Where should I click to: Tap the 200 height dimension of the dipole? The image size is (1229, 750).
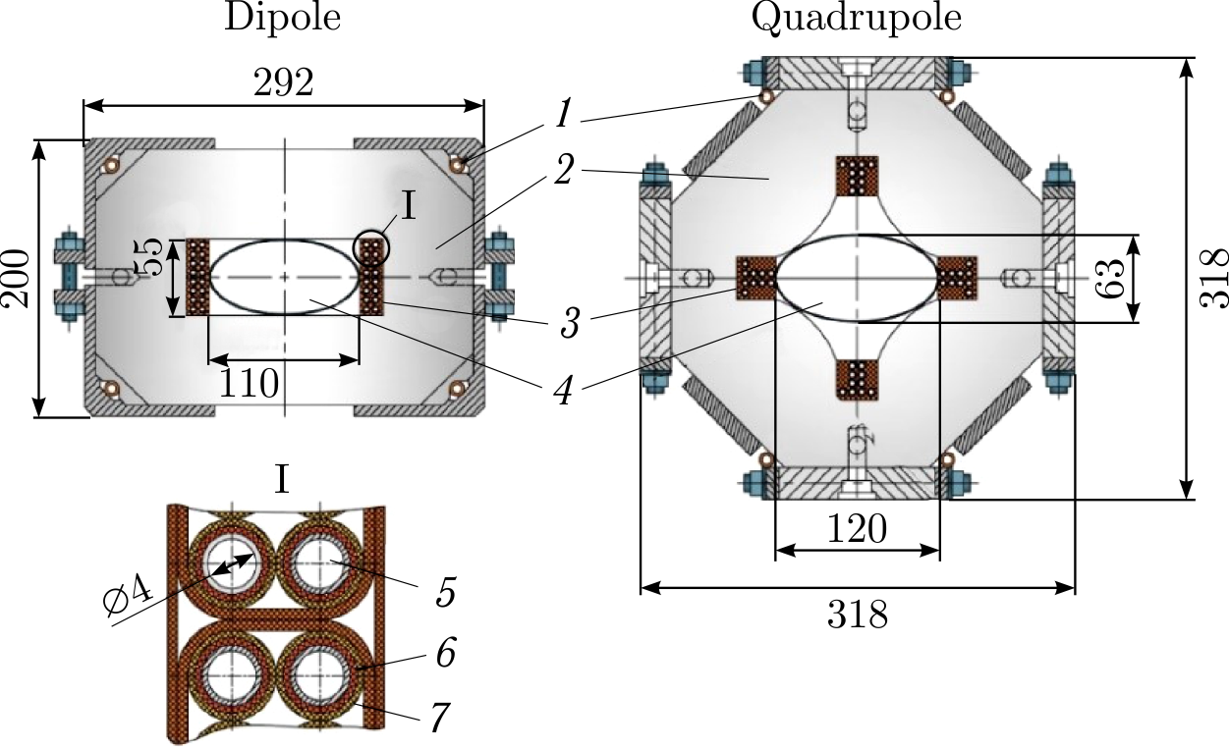coord(18,279)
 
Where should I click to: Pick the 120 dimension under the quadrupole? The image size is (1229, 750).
coord(857,530)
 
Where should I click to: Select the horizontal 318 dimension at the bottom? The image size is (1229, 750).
coord(857,616)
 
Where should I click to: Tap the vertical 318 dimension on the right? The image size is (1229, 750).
coord(1215,278)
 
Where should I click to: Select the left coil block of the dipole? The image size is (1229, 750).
coord(198,278)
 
